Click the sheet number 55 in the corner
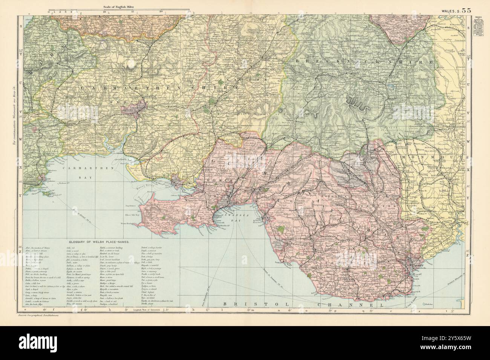(x=465, y=11)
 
